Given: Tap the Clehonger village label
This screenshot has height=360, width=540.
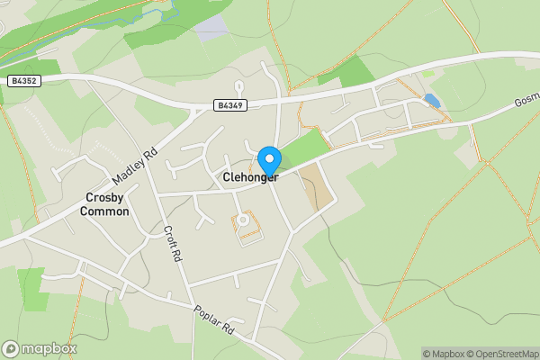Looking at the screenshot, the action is pyautogui.click(x=249, y=178).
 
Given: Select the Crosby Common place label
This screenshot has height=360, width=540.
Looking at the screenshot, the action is pyautogui.click(x=104, y=204).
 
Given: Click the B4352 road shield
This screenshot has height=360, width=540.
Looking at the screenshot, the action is pyautogui.click(x=24, y=80).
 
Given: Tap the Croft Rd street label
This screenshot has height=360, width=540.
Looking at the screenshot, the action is pyautogui.click(x=171, y=242).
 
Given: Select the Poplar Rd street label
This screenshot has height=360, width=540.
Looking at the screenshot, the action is pyautogui.click(x=214, y=319).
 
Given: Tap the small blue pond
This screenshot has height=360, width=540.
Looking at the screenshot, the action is pyautogui.click(x=432, y=101).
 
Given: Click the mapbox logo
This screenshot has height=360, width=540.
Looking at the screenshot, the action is pyautogui.click(x=39, y=348).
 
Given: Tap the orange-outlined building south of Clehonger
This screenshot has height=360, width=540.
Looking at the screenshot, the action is pyautogui.click(x=245, y=222).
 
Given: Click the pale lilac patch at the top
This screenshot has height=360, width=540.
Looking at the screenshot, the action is pyautogui.click(x=211, y=27).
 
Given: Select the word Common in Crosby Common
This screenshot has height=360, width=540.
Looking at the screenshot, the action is pyautogui.click(x=104, y=211).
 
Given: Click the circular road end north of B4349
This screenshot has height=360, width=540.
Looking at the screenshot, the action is pyautogui.click(x=238, y=86).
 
